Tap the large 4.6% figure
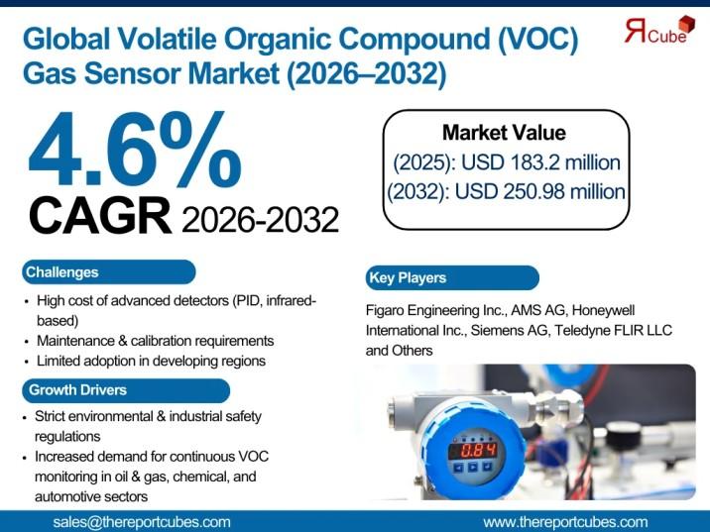pos(135,150)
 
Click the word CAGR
pos(100,216)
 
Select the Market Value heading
pos(504,133)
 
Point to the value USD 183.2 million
pos(540,161)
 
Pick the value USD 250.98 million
pos(539,191)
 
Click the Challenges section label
pos(62,272)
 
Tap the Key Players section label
pos(408,277)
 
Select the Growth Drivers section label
pos(77,390)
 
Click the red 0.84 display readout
pos(472,450)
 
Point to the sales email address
pos(142,522)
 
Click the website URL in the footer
pos(565,522)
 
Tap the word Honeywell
pos(603,310)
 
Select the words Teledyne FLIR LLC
pos(613,330)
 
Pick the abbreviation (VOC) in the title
pos(537,40)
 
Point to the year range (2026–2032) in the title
pos(366,73)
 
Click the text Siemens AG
pos(511,330)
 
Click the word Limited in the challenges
pos(58,361)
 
